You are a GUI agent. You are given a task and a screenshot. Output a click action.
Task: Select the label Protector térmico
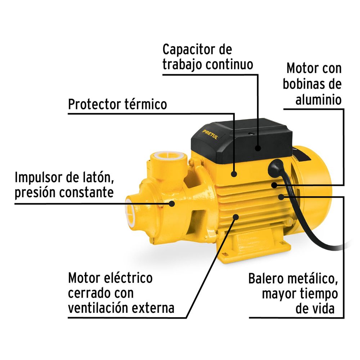click(117, 104)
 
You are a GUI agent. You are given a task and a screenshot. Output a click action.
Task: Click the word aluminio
click(318, 100)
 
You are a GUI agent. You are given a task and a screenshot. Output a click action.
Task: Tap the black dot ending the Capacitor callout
click(258, 148)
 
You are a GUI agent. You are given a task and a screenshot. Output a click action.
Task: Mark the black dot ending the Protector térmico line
click(234, 174)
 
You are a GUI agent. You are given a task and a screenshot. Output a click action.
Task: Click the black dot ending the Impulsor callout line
click(172, 204)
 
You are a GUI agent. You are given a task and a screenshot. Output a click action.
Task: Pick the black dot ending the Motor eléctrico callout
click(236, 216)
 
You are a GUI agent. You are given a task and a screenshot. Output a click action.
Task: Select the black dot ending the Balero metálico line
click(281, 197)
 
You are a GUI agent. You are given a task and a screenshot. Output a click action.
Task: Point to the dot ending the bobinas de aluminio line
click(274, 185)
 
